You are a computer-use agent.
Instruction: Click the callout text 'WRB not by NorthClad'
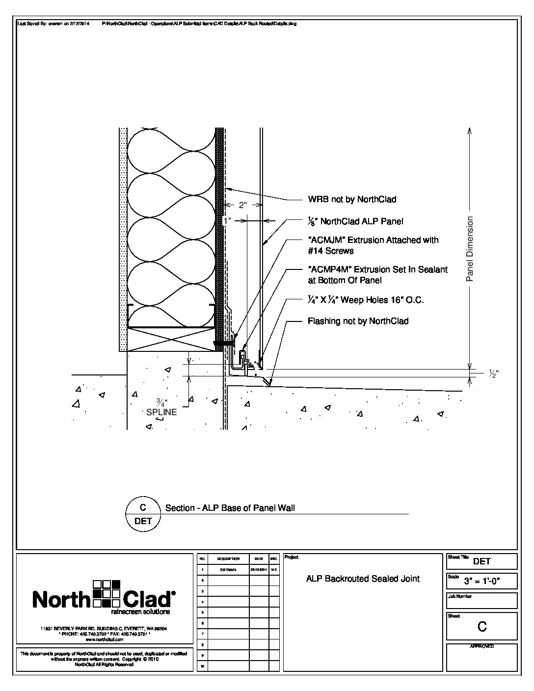tap(351, 199)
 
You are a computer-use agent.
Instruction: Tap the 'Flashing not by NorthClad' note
tap(358, 321)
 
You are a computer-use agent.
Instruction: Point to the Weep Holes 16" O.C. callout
tap(365, 300)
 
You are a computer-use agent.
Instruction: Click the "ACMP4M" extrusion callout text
tap(377, 275)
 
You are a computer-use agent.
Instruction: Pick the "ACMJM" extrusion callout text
tap(373, 245)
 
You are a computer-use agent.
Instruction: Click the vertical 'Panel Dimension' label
tap(470, 249)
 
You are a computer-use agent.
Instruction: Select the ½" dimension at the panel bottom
tap(494, 374)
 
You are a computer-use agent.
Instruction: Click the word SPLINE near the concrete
tap(161, 412)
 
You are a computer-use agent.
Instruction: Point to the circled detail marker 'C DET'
tap(143, 514)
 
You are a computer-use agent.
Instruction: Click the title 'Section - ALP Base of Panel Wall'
tap(230, 508)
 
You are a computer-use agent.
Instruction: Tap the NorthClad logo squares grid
tap(107, 593)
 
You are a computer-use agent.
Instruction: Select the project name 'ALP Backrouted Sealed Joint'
tap(363, 579)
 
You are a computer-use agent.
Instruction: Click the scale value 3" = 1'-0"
tap(489, 582)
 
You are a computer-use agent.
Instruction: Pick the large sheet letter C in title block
tap(482, 627)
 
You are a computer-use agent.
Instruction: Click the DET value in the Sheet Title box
tap(482, 561)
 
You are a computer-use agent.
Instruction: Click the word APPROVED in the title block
tap(482, 646)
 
